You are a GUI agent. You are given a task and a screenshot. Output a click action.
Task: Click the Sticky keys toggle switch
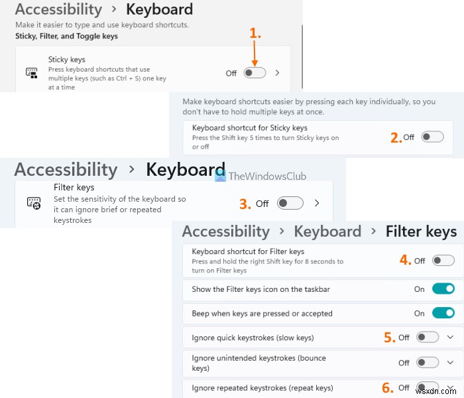[x=255, y=73]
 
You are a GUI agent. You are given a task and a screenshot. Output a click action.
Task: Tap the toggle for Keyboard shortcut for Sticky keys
[x=432, y=137]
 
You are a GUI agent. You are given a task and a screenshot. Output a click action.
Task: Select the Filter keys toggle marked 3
[x=290, y=203]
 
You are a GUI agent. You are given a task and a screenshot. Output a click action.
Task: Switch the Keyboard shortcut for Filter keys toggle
[x=443, y=261]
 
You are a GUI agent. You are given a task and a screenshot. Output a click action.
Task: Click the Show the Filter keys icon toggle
[x=443, y=289]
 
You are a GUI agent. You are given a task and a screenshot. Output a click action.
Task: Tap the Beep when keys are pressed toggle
[x=443, y=313]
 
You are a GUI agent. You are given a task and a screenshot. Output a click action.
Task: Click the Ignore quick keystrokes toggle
[x=428, y=337]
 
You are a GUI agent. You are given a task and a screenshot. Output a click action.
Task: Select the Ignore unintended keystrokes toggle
[x=428, y=363]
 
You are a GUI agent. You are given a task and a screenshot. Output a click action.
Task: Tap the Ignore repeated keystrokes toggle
[x=428, y=387]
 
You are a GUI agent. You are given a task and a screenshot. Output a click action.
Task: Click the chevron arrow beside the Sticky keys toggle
[x=277, y=73]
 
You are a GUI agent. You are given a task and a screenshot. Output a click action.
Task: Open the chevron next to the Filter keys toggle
[x=317, y=203]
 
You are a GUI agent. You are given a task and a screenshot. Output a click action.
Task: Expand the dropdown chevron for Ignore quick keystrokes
[x=451, y=337]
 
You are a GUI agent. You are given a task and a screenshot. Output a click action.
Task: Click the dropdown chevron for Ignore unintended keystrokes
[x=451, y=363]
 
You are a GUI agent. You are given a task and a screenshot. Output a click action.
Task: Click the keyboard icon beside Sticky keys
[x=31, y=73]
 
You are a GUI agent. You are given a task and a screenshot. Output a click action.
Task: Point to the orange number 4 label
[x=405, y=261]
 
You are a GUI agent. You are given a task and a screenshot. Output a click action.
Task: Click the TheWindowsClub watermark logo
[x=219, y=176]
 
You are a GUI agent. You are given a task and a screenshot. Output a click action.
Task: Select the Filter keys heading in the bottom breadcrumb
[x=421, y=232]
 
